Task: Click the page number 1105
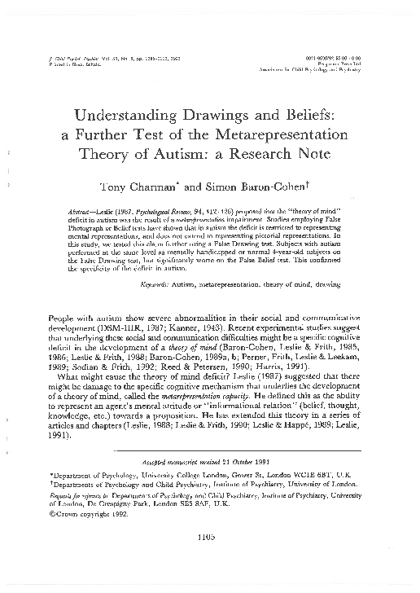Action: (x=210, y=559)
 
